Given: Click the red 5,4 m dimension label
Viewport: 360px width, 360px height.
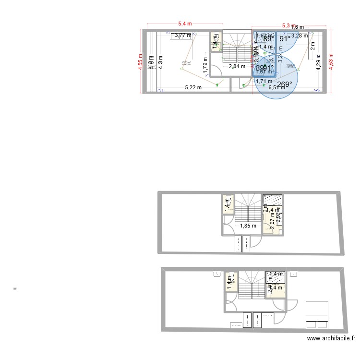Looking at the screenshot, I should coord(185,24).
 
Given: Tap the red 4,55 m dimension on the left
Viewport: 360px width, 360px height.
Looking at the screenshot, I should coord(141,60).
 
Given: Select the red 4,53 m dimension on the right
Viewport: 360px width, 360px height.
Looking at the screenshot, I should coord(331,60).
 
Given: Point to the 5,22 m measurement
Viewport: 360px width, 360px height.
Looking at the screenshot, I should coord(193,87).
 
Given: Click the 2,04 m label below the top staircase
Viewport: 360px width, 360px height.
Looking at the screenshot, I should coord(237,67).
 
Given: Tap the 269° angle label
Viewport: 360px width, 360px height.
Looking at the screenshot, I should coord(284,84).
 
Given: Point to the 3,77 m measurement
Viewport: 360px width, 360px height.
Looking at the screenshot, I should coord(182,35).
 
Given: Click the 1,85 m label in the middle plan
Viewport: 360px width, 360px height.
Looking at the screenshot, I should coord(248,226).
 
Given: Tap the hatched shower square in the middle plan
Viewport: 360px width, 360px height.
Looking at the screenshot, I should coord(273,201).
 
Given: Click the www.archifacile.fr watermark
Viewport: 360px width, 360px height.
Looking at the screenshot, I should coord(331,339).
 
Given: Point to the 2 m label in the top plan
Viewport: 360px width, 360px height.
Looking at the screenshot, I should coord(312,47).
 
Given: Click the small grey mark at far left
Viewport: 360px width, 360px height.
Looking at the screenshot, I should coord(15,288).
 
